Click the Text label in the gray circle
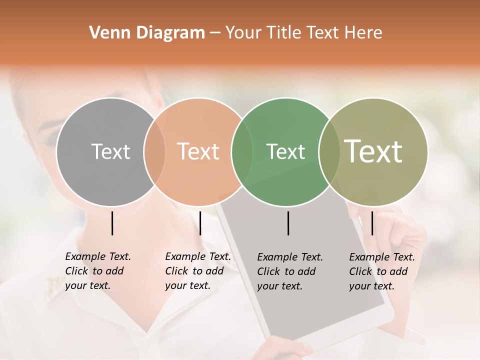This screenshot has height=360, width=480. click(x=110, y=151)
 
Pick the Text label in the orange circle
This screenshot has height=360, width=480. click(x=198, y=151)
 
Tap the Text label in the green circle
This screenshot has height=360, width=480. click(x=285, y=151)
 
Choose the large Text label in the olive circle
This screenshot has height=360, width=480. click(x=373, y=151)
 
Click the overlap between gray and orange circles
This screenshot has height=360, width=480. click(x=154, y=151)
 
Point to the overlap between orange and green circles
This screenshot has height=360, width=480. click(x=242, y=151)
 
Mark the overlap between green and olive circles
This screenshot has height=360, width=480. click(x=329, y=151)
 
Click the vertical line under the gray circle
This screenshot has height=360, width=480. click(x=112, y=223)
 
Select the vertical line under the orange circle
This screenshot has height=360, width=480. click(x=200, y=223)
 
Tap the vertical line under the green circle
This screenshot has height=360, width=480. click(x=288, y=223)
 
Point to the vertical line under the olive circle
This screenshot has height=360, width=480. click(x=372, y=223)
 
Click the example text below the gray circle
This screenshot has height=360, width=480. click(x=98, y=271)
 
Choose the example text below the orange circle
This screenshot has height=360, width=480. click(x=198, y=271)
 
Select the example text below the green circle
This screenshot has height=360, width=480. click(x=290, y=271)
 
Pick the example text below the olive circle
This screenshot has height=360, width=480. click(x=382, y=271)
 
